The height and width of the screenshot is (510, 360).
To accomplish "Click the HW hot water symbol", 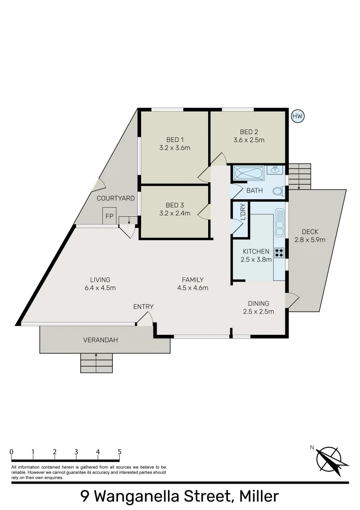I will click(298, 116).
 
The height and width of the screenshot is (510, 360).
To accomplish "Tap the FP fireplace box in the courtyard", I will click(109, 216).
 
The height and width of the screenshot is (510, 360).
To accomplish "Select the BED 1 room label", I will click(175, 140).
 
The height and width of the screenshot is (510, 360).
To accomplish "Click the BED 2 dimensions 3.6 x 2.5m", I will click(249, 140).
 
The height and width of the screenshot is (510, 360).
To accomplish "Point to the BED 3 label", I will click(175, 205).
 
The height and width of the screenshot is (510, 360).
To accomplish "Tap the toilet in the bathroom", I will click(279, 191).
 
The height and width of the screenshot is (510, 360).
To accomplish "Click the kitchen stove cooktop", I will click(279, 252).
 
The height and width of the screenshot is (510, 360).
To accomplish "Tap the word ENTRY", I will click(143, 306).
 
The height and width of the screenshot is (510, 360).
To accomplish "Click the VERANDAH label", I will click(100, 340).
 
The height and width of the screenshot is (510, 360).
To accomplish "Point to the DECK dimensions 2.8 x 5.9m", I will click(310, 239).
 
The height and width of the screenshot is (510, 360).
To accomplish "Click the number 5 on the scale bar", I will click(119, 452).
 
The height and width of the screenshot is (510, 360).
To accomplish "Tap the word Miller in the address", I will click(259, 496).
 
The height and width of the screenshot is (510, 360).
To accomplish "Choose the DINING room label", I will click(258, 303).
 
